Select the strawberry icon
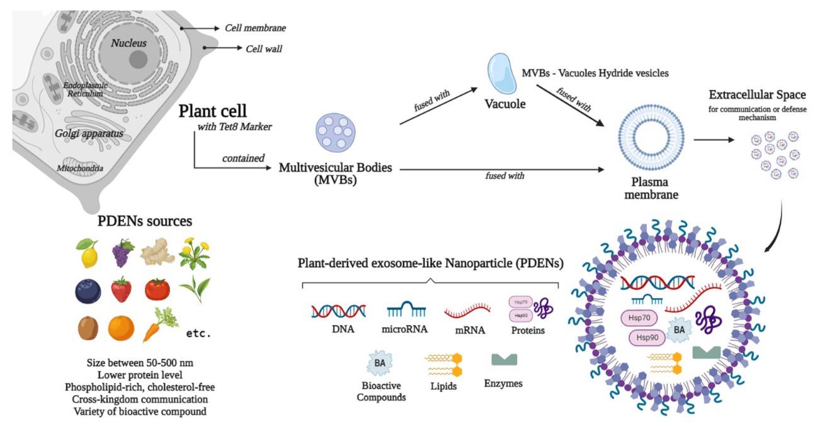point(121,290)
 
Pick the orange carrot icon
point(155,326)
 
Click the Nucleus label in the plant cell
point(128,43)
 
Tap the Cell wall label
point(263,48)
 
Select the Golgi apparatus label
point(89,133)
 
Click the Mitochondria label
point(80,168)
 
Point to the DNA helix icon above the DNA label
point(339,310)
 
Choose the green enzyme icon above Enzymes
point(504,360)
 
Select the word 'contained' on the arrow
point(242,158)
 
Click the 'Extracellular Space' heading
point(757,95)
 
